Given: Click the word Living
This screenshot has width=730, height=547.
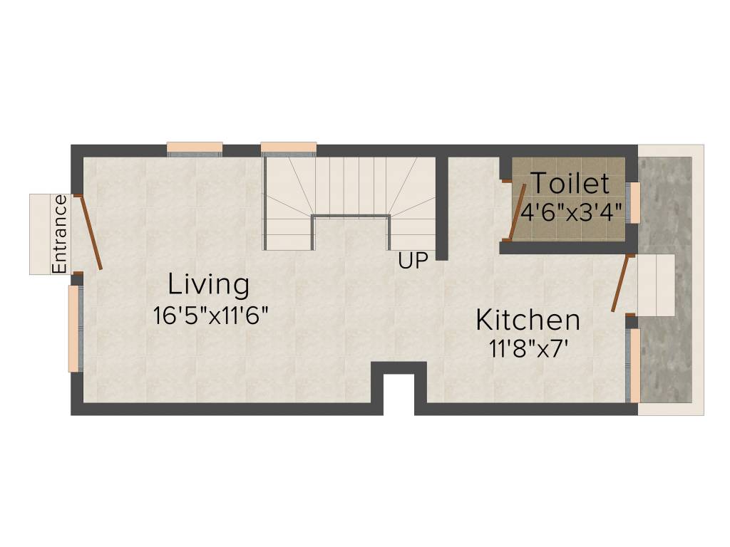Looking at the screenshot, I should coord(209,285).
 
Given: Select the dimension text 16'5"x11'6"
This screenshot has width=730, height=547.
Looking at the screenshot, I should coord(210,315).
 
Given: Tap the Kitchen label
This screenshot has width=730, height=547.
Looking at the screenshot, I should coord(528,320).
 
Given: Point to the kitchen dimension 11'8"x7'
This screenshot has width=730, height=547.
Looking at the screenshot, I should coord(528,348).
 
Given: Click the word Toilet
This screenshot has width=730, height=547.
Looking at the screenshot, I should coord(570,184).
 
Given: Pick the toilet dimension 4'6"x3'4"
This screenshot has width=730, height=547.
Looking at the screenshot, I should coord(572,212).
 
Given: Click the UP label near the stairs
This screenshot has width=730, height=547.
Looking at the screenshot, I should coord(413,261).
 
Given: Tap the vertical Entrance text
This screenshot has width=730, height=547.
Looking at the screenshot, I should coord(60,234).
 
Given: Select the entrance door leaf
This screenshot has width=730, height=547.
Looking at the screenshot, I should coord(90,232).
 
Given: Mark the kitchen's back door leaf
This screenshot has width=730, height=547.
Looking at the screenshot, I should coord(621,283).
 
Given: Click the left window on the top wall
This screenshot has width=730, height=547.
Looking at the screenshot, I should coord(195,149).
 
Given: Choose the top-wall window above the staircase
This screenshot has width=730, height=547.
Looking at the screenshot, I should coord(288,149).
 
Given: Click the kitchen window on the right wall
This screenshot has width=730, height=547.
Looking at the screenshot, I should coord(634,365).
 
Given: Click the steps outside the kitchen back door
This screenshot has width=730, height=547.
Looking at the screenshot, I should coord(656,284).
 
